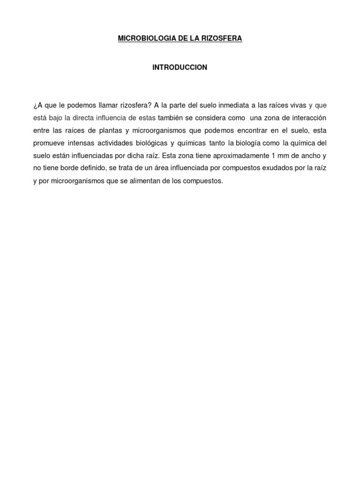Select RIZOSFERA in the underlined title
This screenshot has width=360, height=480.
(x=222, y=38)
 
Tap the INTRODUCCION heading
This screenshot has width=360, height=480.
(x=180, y=67)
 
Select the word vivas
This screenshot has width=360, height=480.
(x=297, y=105)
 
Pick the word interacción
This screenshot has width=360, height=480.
(x=307, y=117)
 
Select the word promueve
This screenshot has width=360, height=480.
(x=48, y=142)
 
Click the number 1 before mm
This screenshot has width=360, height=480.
(x=267, y=155)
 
